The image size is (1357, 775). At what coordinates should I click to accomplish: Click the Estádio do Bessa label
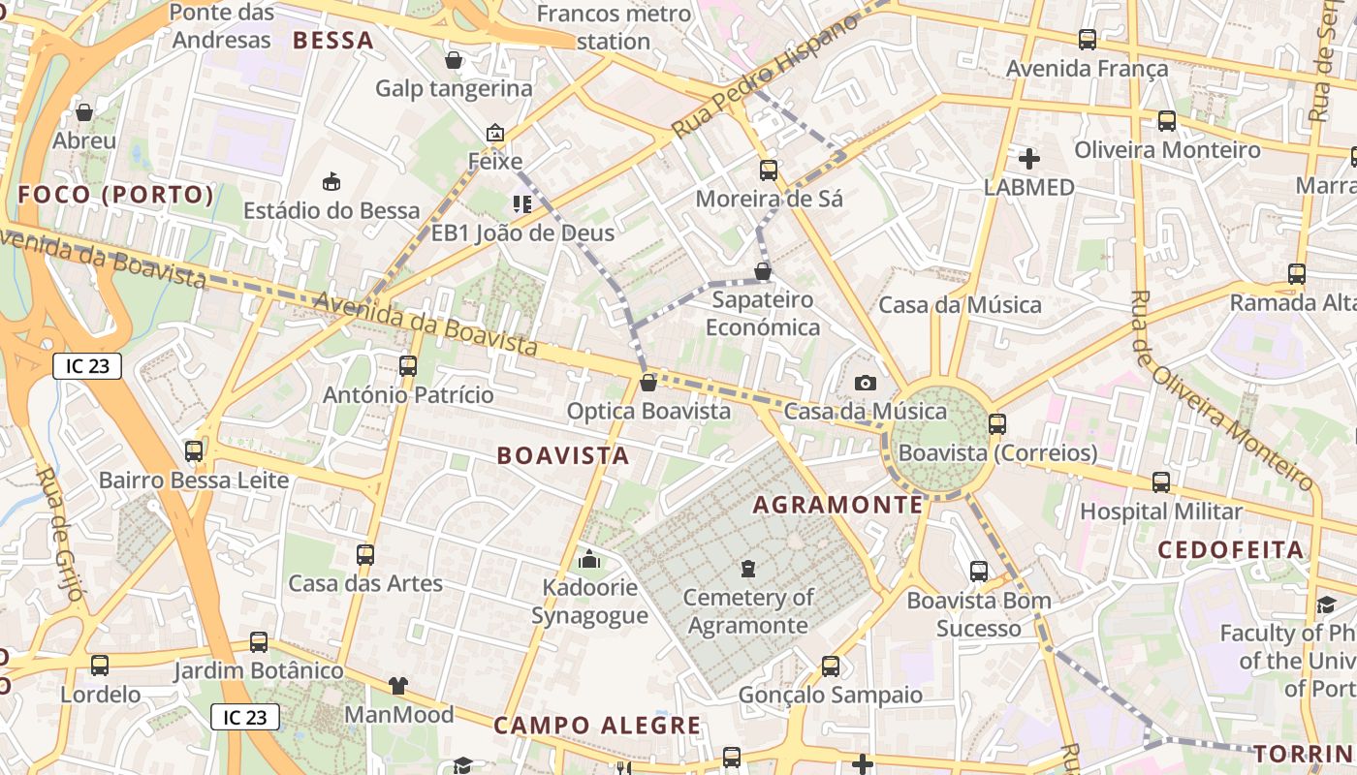pyautogui.click(x=331, y=210)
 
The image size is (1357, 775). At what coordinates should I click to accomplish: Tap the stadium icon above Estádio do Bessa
pyautogui.click(x=331, y=180)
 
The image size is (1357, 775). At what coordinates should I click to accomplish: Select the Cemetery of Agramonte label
pyautogui.click(x=748, y=610)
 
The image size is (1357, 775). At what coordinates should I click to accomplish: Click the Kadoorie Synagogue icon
pyautogui.click(x=588, y=559)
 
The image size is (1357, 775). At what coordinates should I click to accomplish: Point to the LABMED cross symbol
pyautogui.click(x=1029, y=158)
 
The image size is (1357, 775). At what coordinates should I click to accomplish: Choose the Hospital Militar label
pyautogui.click(x=1161, y=511)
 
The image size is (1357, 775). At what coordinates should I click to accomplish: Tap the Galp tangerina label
pyautogui.click(x=454, y=88)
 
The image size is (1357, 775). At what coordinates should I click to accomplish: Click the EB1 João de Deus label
pyautogui.click(x=522, y=232)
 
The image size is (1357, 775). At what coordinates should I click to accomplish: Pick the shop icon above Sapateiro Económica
pyautogui.click(x=763, y=271)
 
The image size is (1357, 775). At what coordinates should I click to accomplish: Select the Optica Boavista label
pyautogui.click(x=648, y=411)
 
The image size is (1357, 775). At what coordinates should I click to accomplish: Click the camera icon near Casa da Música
pyautogui.click(x=866, y=384)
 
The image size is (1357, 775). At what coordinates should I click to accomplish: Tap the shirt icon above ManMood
pyautogui.click(x=398, y=686)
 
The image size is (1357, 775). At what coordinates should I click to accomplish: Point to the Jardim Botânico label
pyautogui.click(x=259, y=670)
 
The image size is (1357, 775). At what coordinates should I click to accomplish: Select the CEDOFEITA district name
pyautogui.click(x=1231, y=550)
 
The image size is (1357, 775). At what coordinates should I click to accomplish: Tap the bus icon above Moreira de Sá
pyautogui.click(x=769, y=170)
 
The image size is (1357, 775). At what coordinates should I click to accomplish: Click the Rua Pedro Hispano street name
pyautogui.click(x=766, y=77)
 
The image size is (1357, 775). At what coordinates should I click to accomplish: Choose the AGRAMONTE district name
pyautogui.click(x=838, y=505)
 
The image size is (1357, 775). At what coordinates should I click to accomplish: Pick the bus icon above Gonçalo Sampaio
pyautogui.click(x=831, y=666)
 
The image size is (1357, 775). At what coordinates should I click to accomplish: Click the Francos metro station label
pyautogui.click(x=614, y=27)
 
